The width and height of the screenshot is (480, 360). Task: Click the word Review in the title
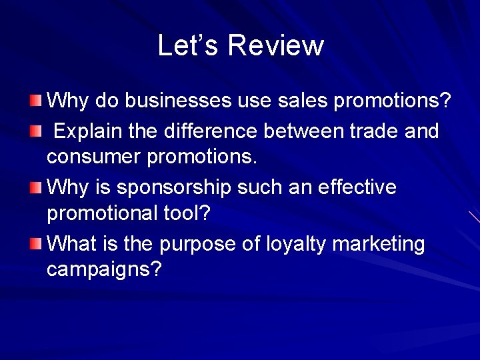coord(275,45)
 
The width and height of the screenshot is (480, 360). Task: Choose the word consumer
coord(91,158)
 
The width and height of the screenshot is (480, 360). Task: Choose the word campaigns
coord(104,271)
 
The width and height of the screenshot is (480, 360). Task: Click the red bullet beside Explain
coord(35,131)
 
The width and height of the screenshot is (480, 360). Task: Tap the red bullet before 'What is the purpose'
coord(35,244)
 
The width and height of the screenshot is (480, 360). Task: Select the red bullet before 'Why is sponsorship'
coord(35,187)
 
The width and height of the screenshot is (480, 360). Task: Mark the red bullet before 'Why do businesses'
coord(35,101)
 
